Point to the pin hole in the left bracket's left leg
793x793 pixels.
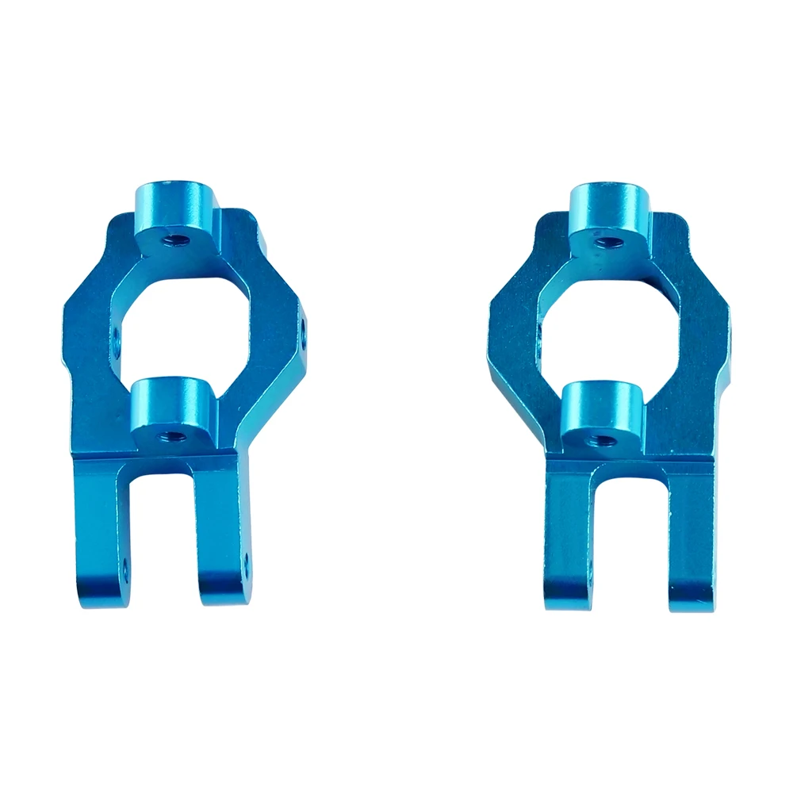click(x=125, y=565)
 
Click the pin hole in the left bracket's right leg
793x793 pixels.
click(x=245, y=561)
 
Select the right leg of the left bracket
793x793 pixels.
click(x=220, y=539)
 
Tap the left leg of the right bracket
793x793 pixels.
click(x=569, y=547)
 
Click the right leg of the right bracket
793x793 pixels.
click(x=690, y=547)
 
